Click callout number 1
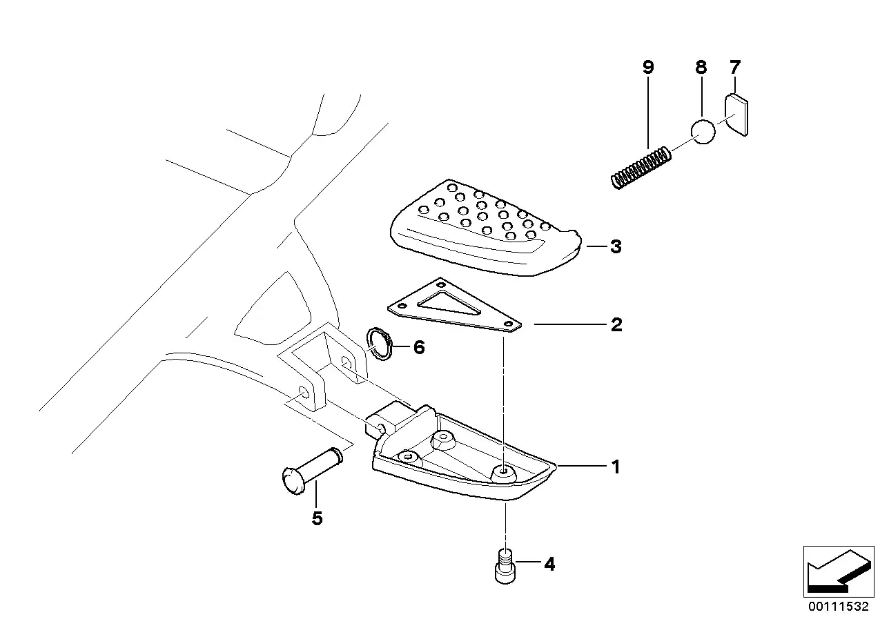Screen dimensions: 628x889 click(615, 467)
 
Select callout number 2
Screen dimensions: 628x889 click(616, 324)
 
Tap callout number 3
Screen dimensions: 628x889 click(616, 246)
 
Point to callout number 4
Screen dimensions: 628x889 click(549, 565)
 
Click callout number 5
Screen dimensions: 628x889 click(317, 518)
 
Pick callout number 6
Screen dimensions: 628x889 click(419, 347)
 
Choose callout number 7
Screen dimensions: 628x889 click(734, 68)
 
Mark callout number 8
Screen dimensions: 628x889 click(701, 68)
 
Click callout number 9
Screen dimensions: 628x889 click(647, 68)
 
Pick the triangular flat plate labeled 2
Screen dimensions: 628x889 click(456, 307)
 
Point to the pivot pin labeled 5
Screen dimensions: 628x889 click(311, 469)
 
